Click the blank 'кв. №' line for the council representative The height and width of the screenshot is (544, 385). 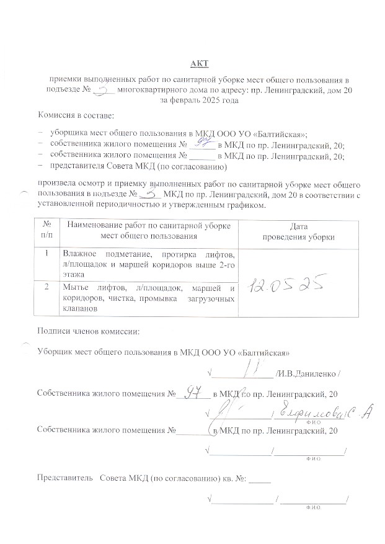click(262, 478)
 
